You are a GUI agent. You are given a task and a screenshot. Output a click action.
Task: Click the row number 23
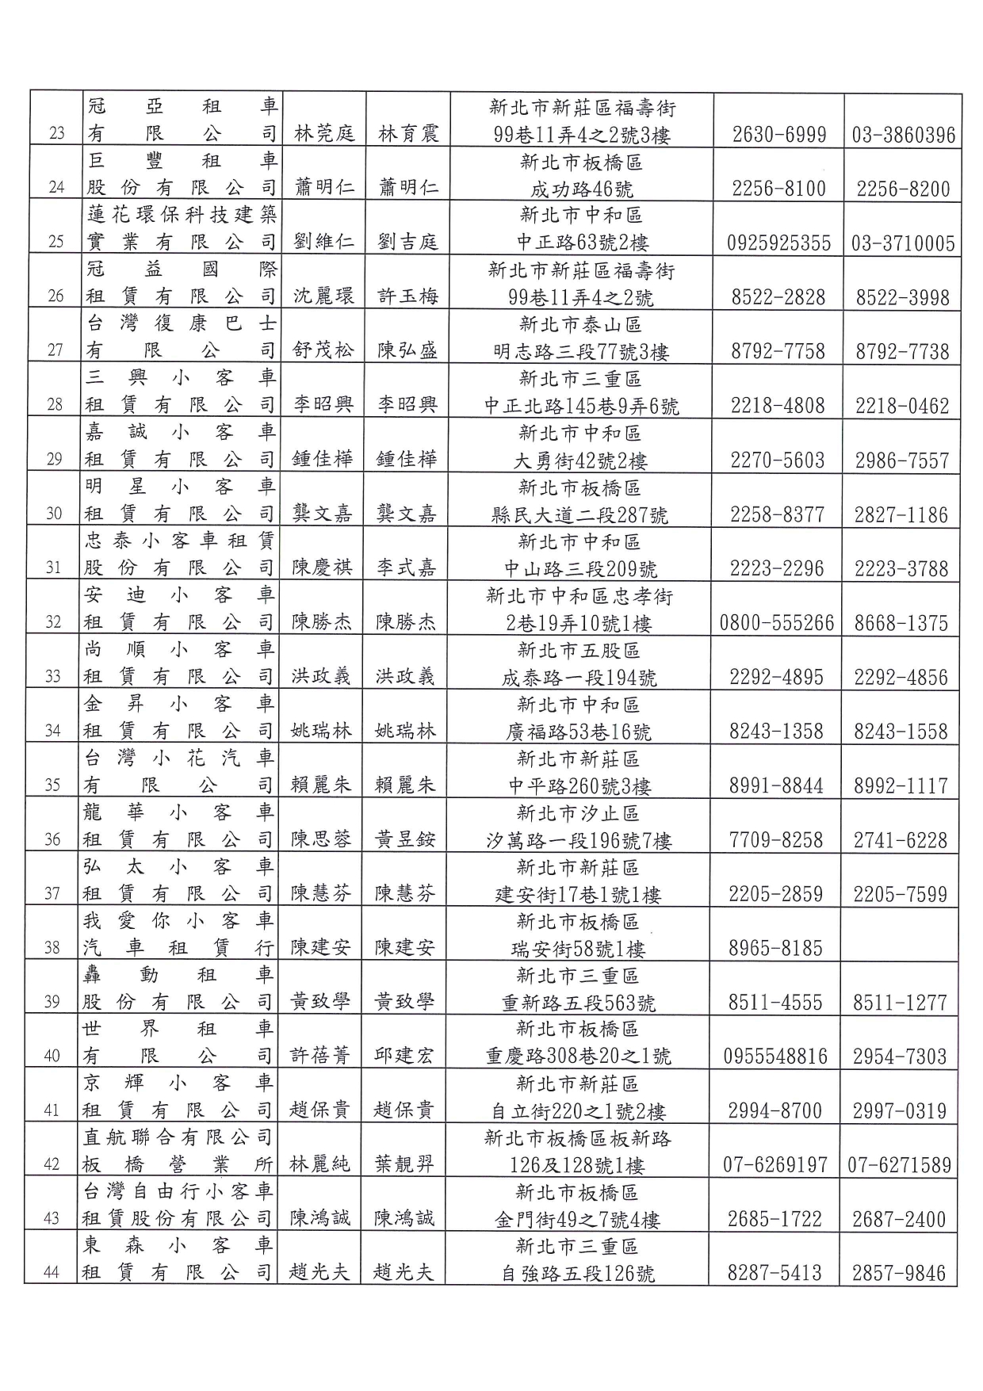(56, 133)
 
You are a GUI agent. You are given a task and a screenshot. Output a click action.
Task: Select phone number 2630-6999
(779, 135)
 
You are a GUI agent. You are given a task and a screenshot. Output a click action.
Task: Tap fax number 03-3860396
(904, 135)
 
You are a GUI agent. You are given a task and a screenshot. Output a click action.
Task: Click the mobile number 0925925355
(779, 243)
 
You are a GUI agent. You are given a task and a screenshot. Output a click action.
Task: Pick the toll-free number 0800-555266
(777, 623)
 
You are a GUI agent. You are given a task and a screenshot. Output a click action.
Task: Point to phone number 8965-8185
(775, 948)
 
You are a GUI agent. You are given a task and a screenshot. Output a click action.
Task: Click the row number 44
(51, 1273)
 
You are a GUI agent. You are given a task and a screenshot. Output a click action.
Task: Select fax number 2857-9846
(899, 1274)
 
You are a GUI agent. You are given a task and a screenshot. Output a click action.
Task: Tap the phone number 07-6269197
(775, 1165)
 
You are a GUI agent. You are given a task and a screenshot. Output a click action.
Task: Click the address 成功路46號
(581, 189)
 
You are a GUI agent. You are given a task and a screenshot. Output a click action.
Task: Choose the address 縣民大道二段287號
(579, 515)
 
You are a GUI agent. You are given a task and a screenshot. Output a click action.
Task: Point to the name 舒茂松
(323, 350)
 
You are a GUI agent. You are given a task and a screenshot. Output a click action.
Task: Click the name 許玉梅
(407, 296)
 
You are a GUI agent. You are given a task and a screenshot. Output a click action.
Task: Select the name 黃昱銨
(405, 839)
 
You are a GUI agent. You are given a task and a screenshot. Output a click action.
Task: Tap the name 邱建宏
(404, 1056)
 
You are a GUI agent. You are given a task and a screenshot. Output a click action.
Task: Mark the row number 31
(53, 567)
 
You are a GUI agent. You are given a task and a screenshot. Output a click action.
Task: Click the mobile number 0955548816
(775, 1057)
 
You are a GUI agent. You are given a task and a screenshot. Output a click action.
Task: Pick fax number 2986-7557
(901, 460)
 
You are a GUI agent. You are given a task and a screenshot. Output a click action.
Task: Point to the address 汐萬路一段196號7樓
(579, 841)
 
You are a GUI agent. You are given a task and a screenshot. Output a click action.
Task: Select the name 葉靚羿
(404, 1164)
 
